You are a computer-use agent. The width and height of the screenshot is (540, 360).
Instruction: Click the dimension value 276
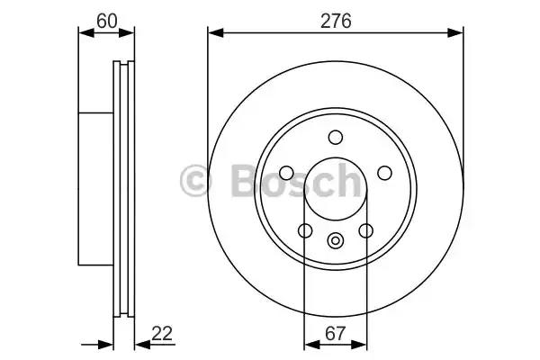[336, 21]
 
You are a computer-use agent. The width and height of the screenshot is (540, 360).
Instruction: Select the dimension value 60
[107, 21]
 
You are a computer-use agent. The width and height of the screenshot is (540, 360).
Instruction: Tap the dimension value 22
[162, 333]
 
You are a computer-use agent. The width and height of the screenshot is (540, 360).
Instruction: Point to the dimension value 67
[335, 333]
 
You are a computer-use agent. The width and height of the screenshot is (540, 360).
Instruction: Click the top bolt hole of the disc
[336, 137]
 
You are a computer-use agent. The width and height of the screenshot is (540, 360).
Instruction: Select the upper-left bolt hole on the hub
[286, 173]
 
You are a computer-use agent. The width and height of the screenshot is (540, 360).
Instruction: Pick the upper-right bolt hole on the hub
[384, 173]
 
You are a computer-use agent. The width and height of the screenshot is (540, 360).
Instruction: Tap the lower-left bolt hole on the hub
[305, 230]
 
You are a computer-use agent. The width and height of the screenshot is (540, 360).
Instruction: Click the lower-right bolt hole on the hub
[365, 230]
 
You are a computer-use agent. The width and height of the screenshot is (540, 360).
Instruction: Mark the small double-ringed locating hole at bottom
[336, 240]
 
